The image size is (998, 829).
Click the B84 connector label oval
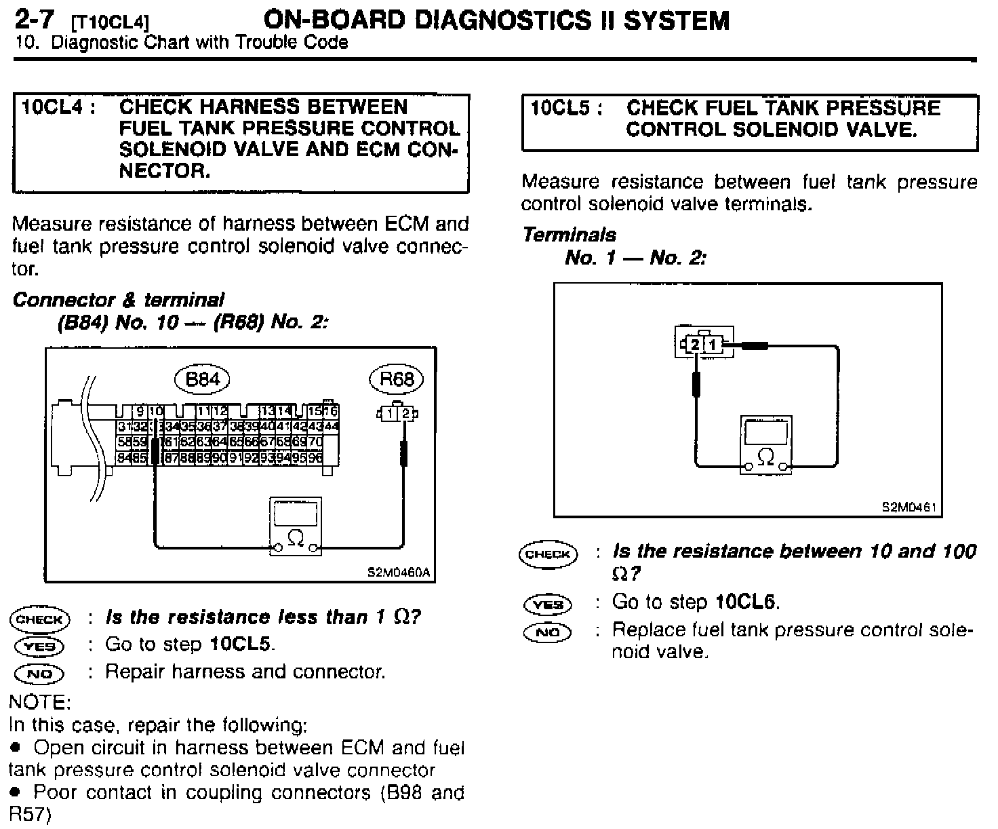click(x=202, y=379)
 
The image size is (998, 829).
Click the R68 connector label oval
click(x=396, y=379)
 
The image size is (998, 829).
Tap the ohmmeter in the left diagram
click(x=296, y=526)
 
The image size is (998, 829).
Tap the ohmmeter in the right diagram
click(x=765, y=444)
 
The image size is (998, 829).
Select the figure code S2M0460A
click(x=399, y=572)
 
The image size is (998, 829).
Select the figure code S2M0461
click(x=909, y=507)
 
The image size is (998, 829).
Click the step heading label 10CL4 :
click(x=57, y=107)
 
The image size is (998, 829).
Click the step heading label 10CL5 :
click(x=566, y=108)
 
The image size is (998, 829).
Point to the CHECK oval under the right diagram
click(x=548, y=554)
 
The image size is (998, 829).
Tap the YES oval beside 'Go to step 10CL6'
click(x=548, y=603)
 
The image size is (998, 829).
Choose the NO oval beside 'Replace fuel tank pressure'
click(x=548, y=632)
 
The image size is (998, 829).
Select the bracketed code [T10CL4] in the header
click(x=111, y=23)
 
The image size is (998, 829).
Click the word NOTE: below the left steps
click(x=39, y=701)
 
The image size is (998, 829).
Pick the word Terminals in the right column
click(x=570, y=235)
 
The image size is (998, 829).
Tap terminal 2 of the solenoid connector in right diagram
click(x=696, y=345)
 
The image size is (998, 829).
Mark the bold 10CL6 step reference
click(x=747, y=602)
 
